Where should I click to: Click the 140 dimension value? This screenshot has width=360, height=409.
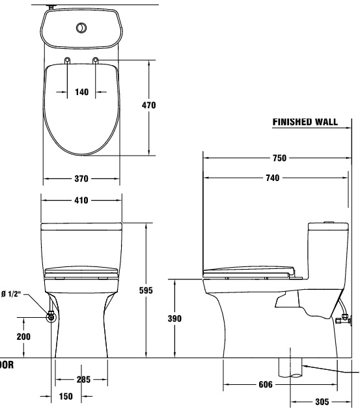[x=81, y=92]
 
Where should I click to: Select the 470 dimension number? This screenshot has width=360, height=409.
[x=148, y=105]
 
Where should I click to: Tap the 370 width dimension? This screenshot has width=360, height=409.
[x=81, y=178]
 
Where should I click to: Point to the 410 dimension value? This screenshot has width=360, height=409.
[x=81, y=200]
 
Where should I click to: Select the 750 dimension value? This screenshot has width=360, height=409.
[x=279, y=158]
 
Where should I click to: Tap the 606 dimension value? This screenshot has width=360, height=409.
[x=264, y=384]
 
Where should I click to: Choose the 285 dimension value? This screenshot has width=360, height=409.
[x=82, y=379]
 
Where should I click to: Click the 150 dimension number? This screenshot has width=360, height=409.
[x=66, y=397]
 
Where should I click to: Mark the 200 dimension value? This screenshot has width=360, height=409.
[x=24, y=336]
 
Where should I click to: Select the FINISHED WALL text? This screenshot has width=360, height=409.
[x=305, y=121]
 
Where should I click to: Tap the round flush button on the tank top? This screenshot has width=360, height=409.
[x=81, y=28]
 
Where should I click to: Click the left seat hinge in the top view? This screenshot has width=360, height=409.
[x=67, y=61]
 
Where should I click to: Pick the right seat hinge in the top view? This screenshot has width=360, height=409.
[x=96, y=61]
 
